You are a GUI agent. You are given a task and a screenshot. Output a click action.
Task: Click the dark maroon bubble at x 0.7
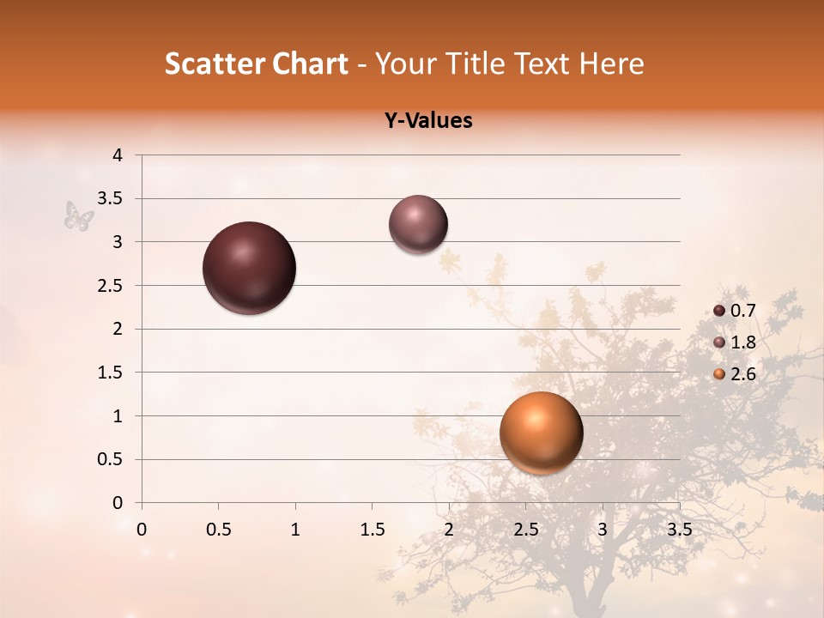(x=250, y=268)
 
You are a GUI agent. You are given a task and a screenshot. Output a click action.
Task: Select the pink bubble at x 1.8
(x=418, y=224)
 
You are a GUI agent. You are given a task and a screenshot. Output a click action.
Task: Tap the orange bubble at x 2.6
(x=541, y=433)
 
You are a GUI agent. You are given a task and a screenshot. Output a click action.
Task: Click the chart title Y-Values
(x=428, y=121)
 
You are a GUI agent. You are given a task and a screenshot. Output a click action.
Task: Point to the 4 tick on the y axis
(x=118, y=155)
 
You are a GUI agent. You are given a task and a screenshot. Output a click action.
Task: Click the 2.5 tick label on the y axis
(x=110, y=286)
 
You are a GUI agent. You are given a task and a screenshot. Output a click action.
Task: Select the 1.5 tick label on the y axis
(x=110, y=373)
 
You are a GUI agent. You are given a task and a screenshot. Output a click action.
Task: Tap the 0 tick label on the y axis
(x=118, y=503)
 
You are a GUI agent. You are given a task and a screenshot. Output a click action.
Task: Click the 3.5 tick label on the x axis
(x=679, y=530)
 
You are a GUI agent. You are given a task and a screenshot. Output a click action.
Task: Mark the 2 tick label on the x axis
(x=449, y=530)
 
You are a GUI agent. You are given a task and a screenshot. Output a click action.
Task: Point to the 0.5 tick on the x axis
(x=218, y=530)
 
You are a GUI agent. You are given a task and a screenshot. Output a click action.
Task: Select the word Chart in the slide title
(x=308, y=64)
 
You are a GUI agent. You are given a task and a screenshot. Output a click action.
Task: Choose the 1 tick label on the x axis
(x=295, y=530)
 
